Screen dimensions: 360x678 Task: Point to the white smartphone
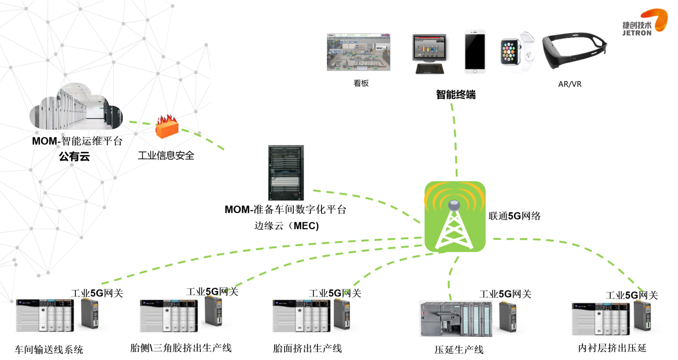pos(474,51)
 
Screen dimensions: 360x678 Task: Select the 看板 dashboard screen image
pos(359,52)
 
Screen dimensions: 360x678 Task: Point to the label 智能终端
pos(455,95)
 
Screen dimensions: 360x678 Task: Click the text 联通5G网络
pos(515,216)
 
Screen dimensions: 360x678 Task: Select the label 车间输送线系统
pos(49,350)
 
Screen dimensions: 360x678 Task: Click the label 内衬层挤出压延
pos(612,348)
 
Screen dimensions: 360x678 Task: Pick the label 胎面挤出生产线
pos(307,349)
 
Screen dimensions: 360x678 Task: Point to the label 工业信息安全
pos(166,155)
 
